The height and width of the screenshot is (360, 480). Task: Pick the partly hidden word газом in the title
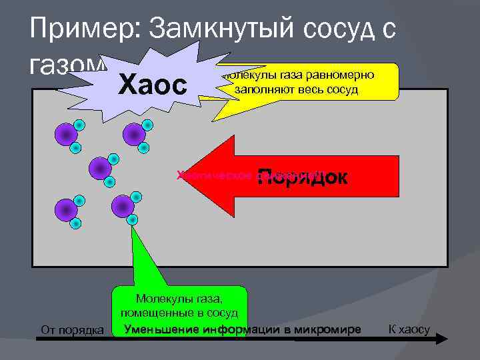tap(63, 64)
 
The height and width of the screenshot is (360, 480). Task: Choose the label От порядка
tap(71, 330)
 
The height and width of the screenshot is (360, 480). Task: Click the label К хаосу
tap(408, 330)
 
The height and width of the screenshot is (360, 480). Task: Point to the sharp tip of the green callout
tap(132, 225)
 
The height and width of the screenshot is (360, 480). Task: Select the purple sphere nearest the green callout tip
tap(123, 207)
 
